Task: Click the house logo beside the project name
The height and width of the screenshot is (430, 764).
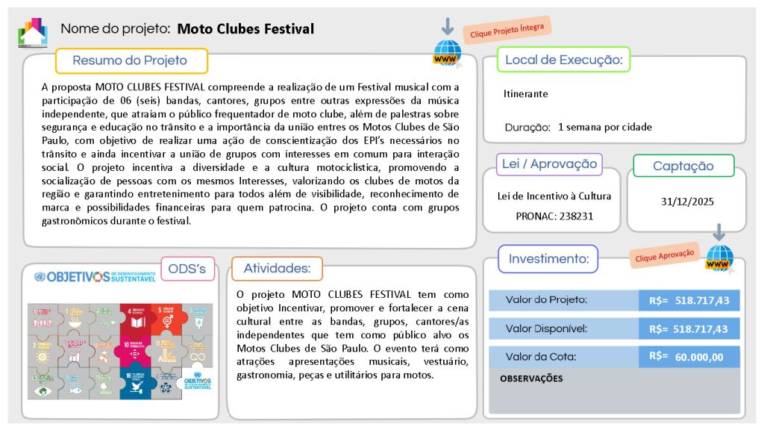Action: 33,31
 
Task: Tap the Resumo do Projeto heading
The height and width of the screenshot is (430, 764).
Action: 130,60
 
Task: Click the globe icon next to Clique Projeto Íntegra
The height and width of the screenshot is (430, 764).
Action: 447,53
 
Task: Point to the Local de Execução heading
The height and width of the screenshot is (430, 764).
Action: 564,60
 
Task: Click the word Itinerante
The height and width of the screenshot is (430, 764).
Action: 526,94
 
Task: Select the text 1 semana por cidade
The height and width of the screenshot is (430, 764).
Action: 605,127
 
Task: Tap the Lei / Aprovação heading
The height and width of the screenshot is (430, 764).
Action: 550,164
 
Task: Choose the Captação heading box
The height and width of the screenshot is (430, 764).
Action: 683,166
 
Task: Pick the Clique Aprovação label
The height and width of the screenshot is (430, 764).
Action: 664,255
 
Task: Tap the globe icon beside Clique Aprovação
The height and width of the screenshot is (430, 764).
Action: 720,258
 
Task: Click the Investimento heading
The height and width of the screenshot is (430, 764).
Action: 548,259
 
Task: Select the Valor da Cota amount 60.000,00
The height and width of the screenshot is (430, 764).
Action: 699,357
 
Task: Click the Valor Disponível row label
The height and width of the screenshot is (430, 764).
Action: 547,328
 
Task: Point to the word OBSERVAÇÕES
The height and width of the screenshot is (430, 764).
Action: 531,378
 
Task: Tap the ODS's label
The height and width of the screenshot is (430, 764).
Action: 187,269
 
